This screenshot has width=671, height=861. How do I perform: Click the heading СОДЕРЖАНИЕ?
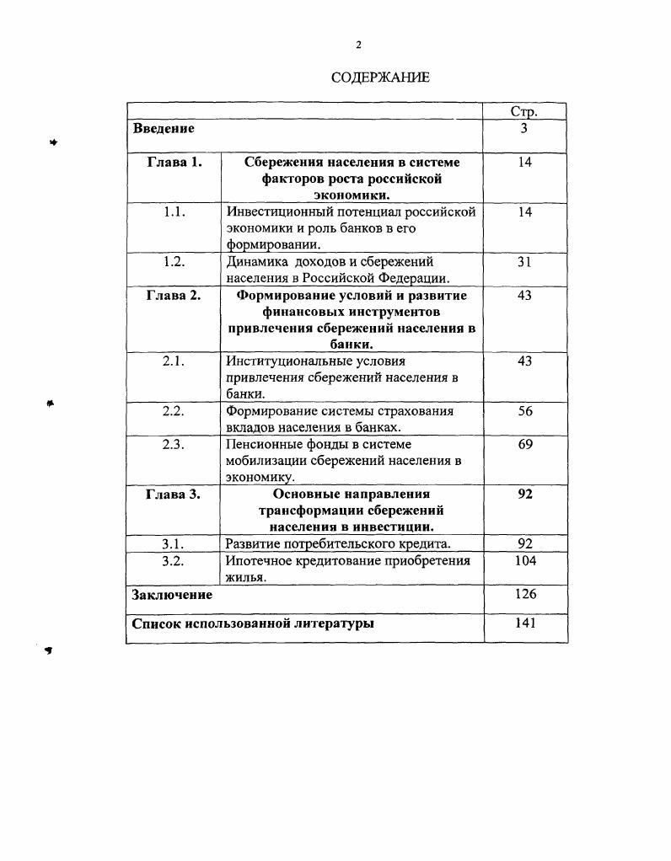[x=380, y=78]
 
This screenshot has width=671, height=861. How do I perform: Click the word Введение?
[x=164, y=129]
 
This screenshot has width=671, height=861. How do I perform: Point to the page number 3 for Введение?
[x=524, y=129]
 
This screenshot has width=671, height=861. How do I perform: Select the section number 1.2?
[x=174, y=262]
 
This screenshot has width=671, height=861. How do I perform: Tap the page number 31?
[x=524, y=262]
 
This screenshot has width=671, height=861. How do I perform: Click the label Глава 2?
[x=174, y=296]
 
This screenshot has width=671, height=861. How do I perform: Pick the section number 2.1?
[x=174, y=361]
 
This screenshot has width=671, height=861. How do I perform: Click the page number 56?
[x=524, y=411]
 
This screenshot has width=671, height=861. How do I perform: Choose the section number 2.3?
[x=174, y=444]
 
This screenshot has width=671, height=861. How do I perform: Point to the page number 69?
[x=524, y=444]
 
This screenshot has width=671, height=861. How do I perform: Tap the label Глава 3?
[x=174, y=495]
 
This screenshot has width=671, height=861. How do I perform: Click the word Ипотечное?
[x=259, y=560]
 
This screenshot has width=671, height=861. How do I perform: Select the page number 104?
[x=524, y=560]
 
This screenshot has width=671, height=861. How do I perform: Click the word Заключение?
[x=172, y=595]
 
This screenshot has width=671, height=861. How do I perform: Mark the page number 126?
[x=524, y=595]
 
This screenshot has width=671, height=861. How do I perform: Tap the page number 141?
[x=524, y=624]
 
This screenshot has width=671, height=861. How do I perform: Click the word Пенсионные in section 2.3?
[x=263, y=444]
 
